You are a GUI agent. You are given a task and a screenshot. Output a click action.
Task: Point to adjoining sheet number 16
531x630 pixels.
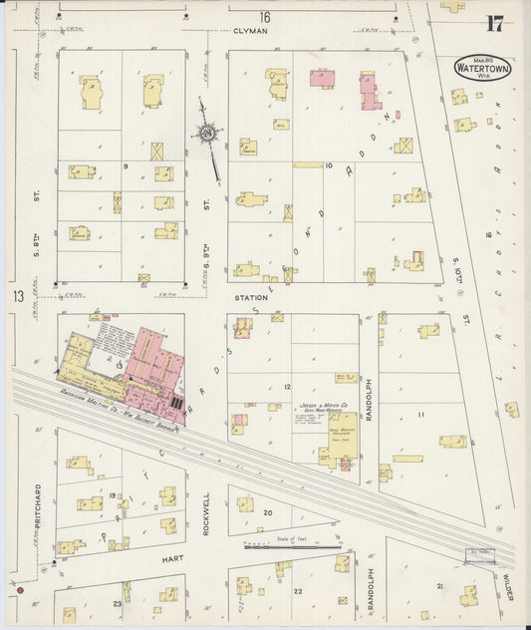(264, 17)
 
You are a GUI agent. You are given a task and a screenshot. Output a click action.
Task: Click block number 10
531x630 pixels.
(328, 164)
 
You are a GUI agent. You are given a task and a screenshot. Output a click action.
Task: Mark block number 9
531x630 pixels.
(126, 166)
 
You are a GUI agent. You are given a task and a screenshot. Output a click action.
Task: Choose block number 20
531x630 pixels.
(267, 512)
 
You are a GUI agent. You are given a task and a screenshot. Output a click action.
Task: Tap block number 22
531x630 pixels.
(297, 591)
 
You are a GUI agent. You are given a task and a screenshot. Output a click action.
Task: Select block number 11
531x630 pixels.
(420, 414)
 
